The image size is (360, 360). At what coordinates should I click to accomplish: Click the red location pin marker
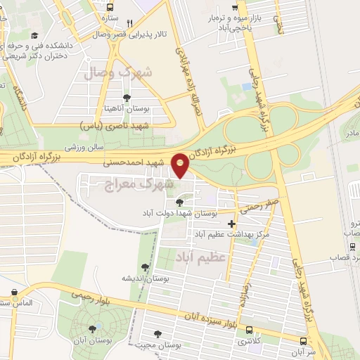tap(181, 165)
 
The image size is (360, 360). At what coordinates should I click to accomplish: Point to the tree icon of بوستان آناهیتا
tap(127, 98)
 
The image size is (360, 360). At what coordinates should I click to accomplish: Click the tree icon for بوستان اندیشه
tap(145, 267)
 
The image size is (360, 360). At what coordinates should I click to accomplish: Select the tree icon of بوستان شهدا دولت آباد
tap(188, 202)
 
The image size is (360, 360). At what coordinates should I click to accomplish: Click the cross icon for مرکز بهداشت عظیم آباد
tap(232, 224)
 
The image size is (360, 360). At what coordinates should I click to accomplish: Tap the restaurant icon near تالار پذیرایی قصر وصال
tap(129, 23)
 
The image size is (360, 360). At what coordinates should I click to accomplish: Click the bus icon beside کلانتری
tap(249, 330)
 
